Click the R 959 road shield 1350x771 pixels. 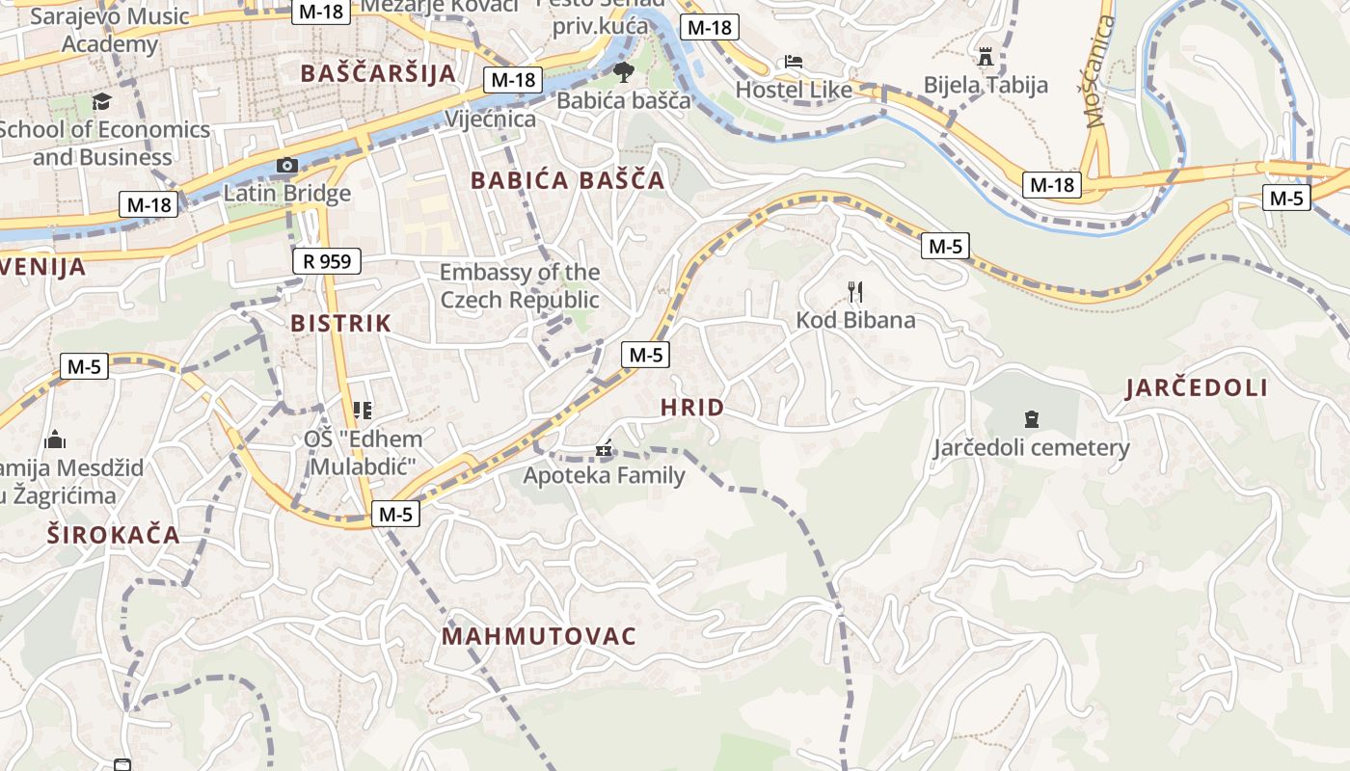[327, 261]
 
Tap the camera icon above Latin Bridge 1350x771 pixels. [286, 166]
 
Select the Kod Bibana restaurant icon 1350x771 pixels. [854, 291]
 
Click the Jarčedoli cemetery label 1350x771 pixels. [1031, 448]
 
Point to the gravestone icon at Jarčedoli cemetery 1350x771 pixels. [1031, 419]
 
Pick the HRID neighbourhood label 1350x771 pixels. [692, 408]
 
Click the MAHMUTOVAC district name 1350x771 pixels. [539, 636]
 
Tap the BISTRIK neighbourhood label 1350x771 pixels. [341, 324]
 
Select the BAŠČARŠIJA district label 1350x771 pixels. [378, 74]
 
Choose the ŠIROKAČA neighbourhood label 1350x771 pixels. [114, 536]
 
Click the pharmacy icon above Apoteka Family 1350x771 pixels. [605, 448]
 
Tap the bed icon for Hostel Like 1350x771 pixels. [794, 62]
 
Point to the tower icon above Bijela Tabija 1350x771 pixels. [985, 57]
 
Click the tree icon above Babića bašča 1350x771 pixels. [624, 71]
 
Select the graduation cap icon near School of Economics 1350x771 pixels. [101, 101]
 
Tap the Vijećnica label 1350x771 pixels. [490, 120]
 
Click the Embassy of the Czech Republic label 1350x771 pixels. [520, 286]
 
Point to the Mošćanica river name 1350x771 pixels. [1099, 71]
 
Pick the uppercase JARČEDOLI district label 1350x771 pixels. [1196, 388]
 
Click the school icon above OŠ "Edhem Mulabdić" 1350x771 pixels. [363, 412]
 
